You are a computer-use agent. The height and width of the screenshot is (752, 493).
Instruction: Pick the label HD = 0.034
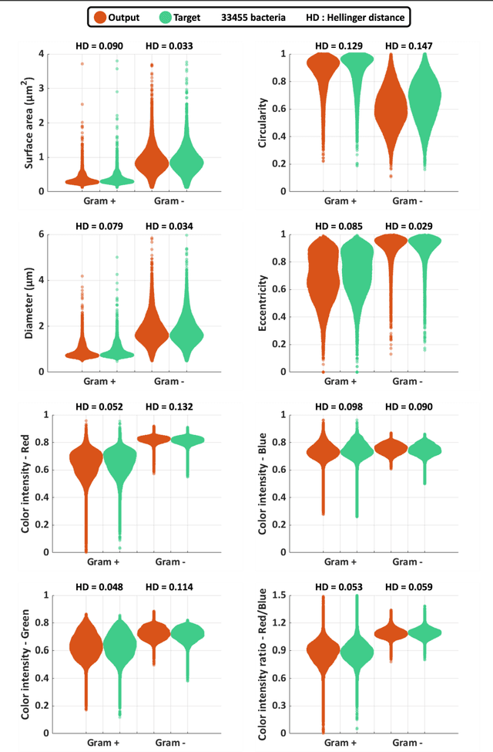click(169, 226)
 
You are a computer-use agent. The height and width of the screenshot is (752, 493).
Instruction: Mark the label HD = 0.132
click(169, 406)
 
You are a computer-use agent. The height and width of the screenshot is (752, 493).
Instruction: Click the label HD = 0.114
click(169, 587)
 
